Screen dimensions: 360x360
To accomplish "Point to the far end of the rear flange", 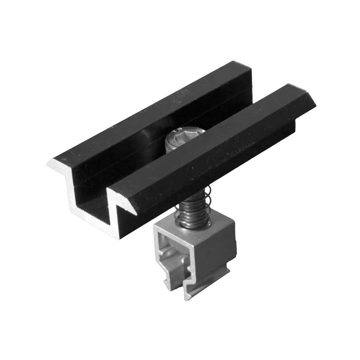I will (250, 67).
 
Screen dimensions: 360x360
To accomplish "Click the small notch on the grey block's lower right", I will (228, 270).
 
